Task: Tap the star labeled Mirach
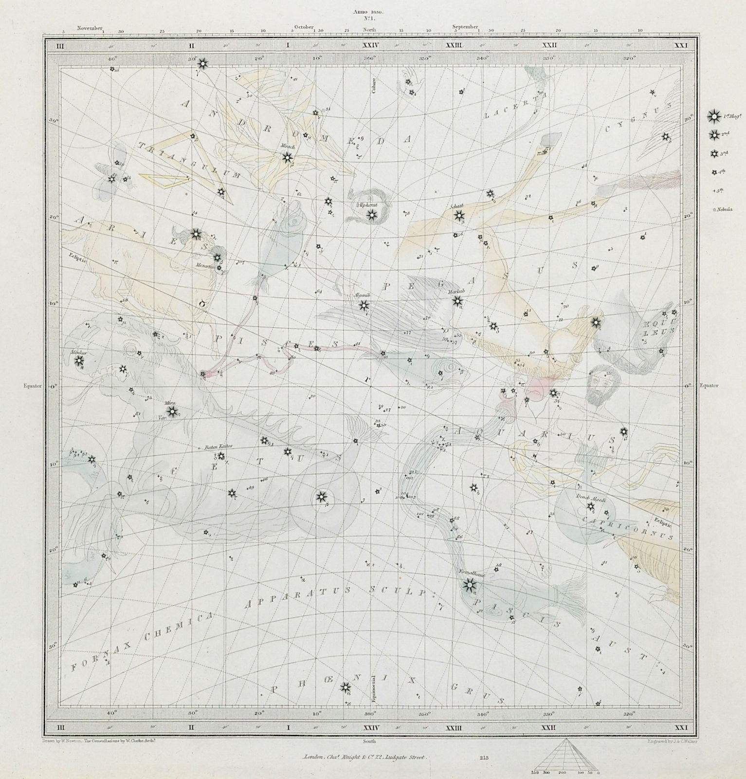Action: [x=287, y=157]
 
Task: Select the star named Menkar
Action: [x=79, y=361]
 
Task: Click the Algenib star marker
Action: [x=364, y=306]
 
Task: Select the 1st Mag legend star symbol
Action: [x=713, y=116]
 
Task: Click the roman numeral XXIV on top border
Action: [x=371, y=45]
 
